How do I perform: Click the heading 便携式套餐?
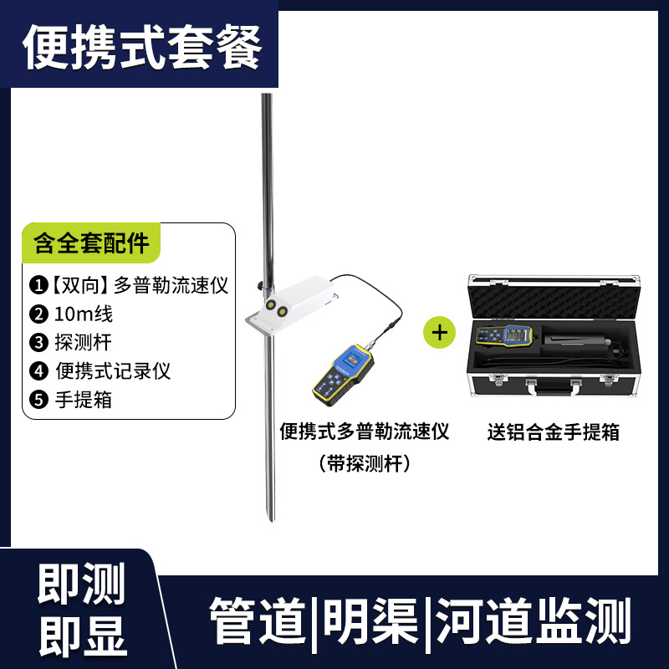click(141, 49)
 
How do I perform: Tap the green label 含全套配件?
click(90, 243)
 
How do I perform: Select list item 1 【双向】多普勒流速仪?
click(129, 285)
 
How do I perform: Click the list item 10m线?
click(71, 314)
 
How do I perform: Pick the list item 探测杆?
click(71, 342)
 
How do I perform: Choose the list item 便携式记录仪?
click(100, 370)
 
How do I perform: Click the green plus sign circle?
click(440, 332)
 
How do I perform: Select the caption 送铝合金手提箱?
click(553, 432)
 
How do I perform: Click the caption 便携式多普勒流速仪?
click(365, 432)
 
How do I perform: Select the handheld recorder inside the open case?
click(504, 336)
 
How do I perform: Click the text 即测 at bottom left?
click(81, 584)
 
